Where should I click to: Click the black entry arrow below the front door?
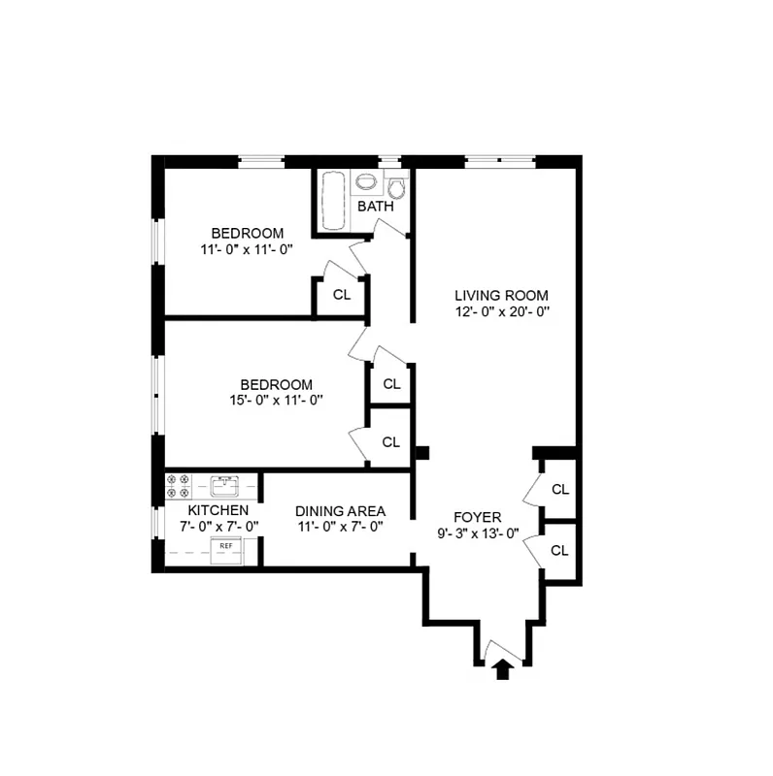503,669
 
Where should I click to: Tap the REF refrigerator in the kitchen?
225,547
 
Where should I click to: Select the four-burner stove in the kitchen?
178,486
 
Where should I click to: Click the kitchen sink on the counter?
224,484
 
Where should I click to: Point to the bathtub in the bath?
333,201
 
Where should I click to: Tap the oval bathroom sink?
366,183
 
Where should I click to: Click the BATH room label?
375,207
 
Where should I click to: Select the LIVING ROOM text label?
501,296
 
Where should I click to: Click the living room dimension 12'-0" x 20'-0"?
501,312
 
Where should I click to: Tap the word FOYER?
478,516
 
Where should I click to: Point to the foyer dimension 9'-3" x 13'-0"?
478,533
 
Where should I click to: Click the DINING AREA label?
340,511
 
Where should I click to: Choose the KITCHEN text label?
218,510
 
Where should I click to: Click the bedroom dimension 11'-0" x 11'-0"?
248,249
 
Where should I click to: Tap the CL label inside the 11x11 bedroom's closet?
341,295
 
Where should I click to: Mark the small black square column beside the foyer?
421,452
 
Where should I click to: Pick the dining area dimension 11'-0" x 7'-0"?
340,528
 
